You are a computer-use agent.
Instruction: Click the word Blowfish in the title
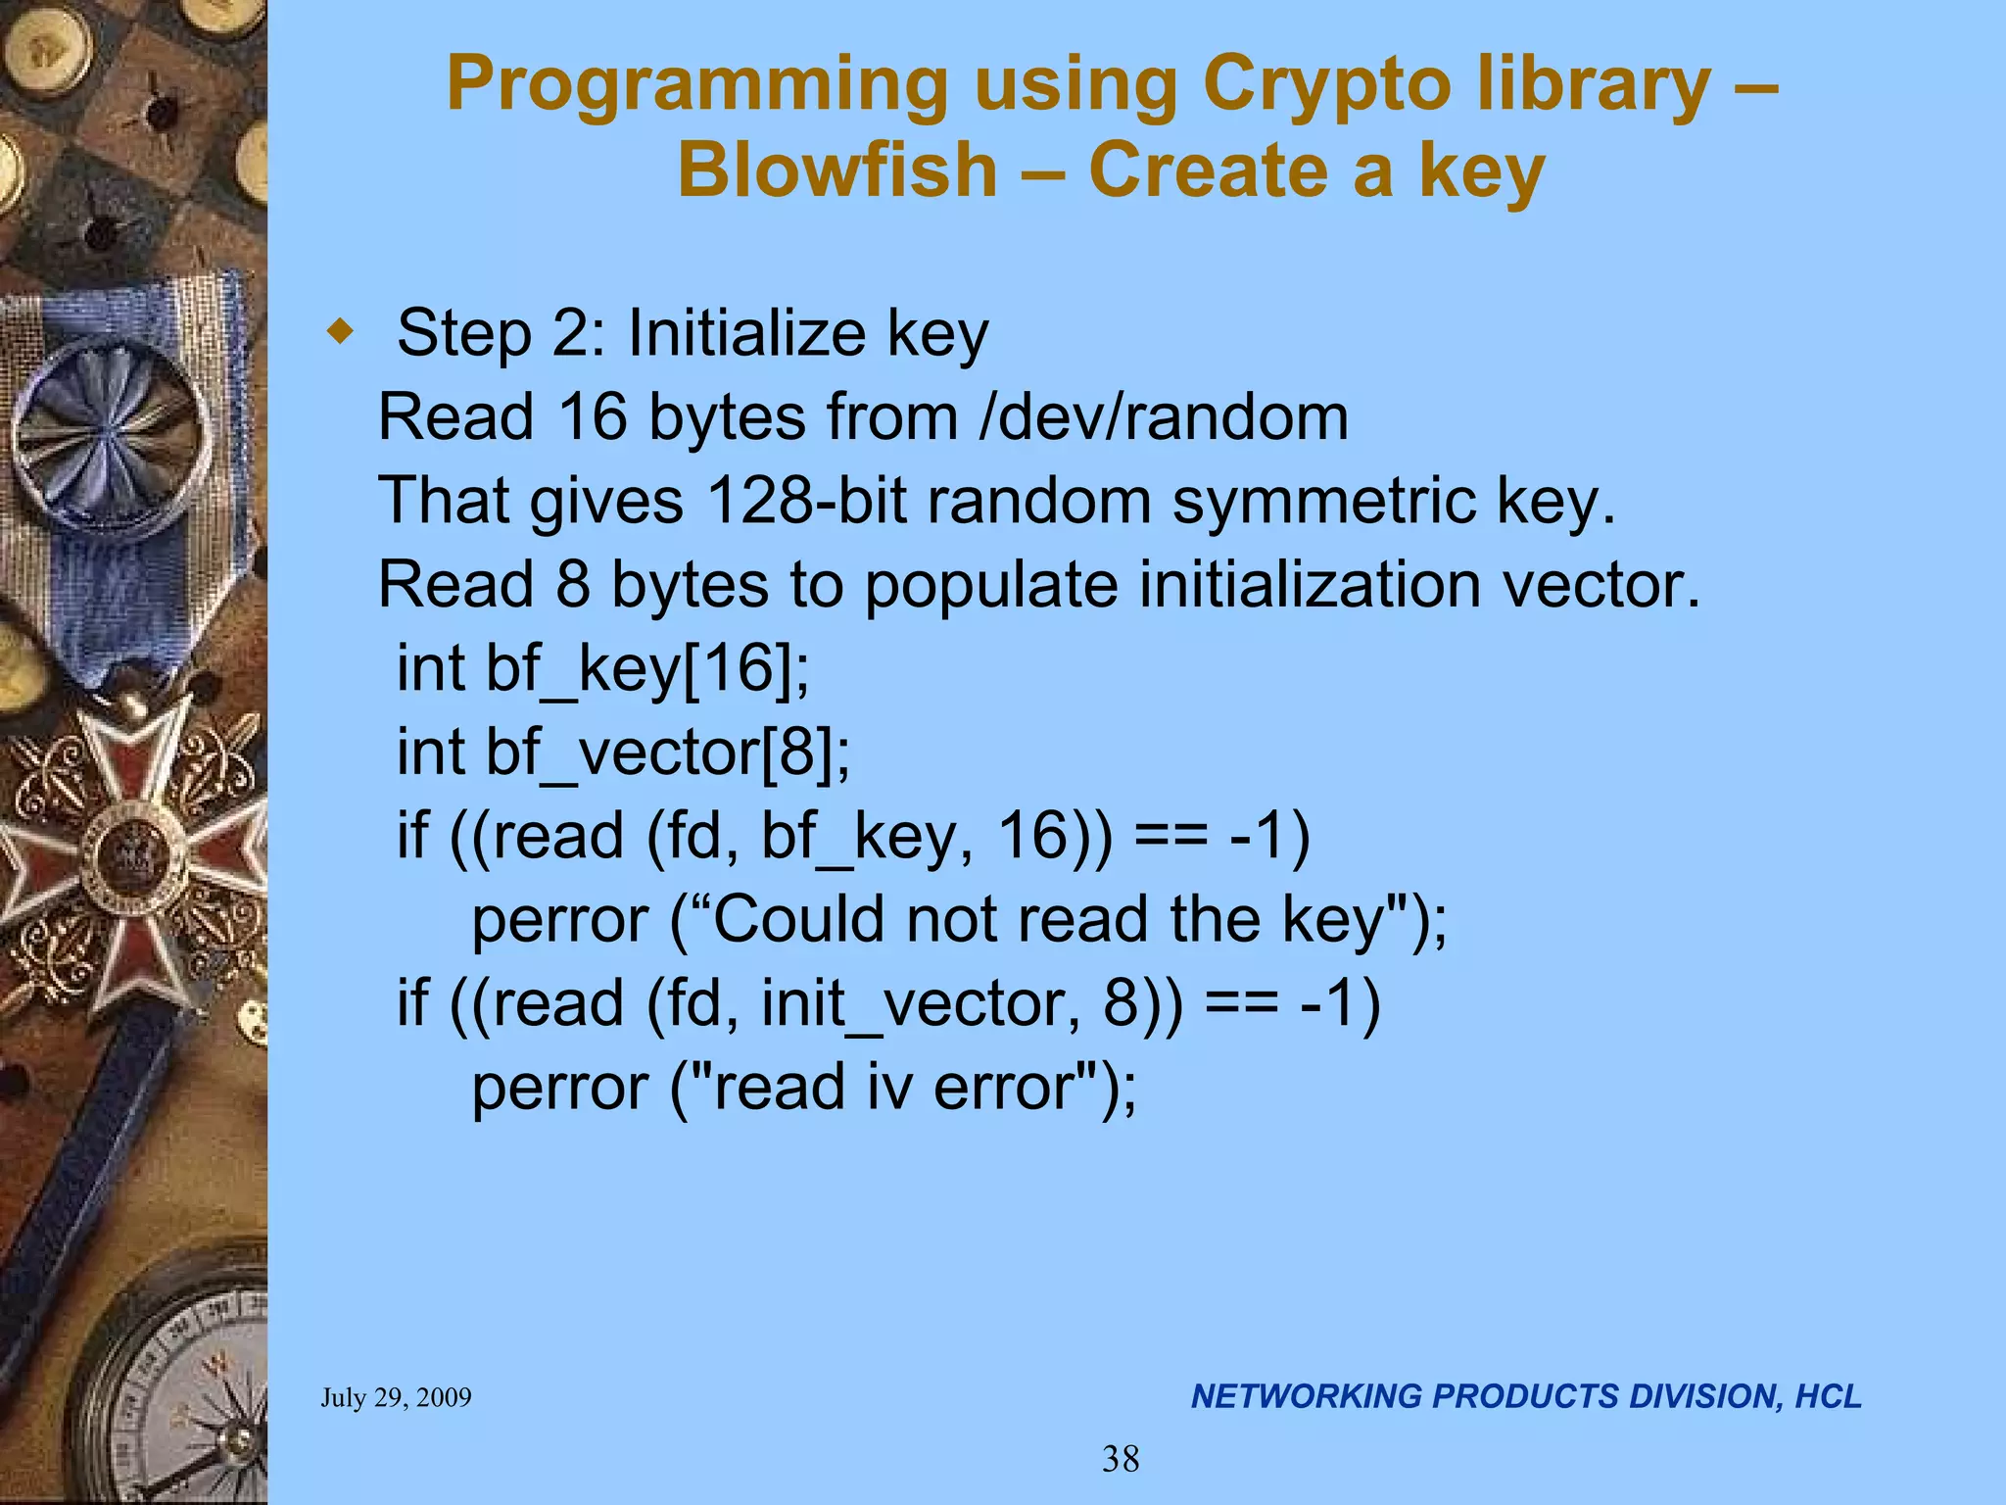tap(837, 170)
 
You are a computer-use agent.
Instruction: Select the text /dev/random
tap(1164, 417)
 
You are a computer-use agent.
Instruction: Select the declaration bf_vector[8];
tap(668, 752)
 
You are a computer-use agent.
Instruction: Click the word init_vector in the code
tap(921, 1003)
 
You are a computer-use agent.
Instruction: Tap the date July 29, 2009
tap(396, 1397)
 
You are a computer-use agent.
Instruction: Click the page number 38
tap(1121, 1459)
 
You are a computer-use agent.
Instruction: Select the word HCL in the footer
tap(1828, 1396)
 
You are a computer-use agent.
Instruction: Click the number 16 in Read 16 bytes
tap(592, 417)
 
